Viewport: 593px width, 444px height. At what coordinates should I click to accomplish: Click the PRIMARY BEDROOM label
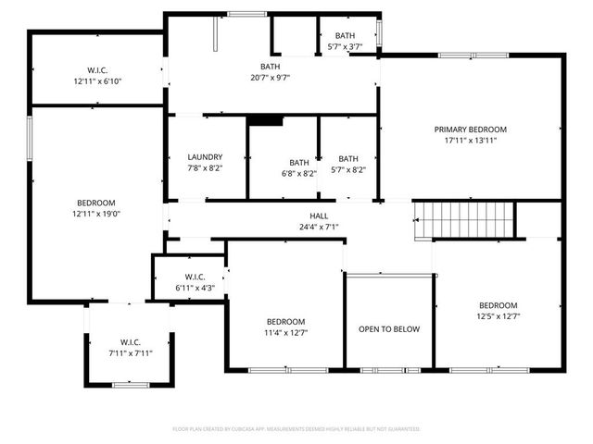click(x=471, y=129)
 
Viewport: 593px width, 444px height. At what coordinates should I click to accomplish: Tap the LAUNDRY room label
click(x=205, y=157)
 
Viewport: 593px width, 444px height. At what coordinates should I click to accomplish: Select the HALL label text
click(x=320, y=215)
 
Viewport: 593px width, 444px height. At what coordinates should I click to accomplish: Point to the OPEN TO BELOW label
click(x=389, y=329)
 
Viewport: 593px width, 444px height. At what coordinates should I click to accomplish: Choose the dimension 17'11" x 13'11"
click(x=471, y=142)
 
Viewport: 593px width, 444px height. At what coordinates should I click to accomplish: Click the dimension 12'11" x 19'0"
click(x=95, y=214)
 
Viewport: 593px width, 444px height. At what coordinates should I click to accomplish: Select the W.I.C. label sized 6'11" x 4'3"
click(x=194, y=277)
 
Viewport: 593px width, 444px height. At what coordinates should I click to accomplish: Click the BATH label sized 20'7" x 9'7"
click(x=270, y=67)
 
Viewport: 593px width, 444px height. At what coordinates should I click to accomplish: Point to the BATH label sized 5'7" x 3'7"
click(x=345, y=36)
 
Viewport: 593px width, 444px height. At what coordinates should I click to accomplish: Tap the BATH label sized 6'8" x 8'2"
click(x=298, y=162)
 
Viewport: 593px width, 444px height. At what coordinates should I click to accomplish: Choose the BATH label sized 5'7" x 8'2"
click(x=347, y=158)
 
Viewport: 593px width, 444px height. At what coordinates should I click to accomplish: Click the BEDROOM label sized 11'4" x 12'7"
click(x=284, y=321)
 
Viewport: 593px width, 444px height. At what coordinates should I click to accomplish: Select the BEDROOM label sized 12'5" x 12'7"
click(x=498, y=305)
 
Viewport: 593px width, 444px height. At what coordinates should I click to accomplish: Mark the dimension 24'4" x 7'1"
click(x=320, y=227)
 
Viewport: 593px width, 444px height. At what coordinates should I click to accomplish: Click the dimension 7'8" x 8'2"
click(x=205, y=168)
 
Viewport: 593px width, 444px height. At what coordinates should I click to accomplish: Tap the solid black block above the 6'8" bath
click(x=265, y=120)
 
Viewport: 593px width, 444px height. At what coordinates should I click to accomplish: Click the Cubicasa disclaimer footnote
click(x=296, y=429)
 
